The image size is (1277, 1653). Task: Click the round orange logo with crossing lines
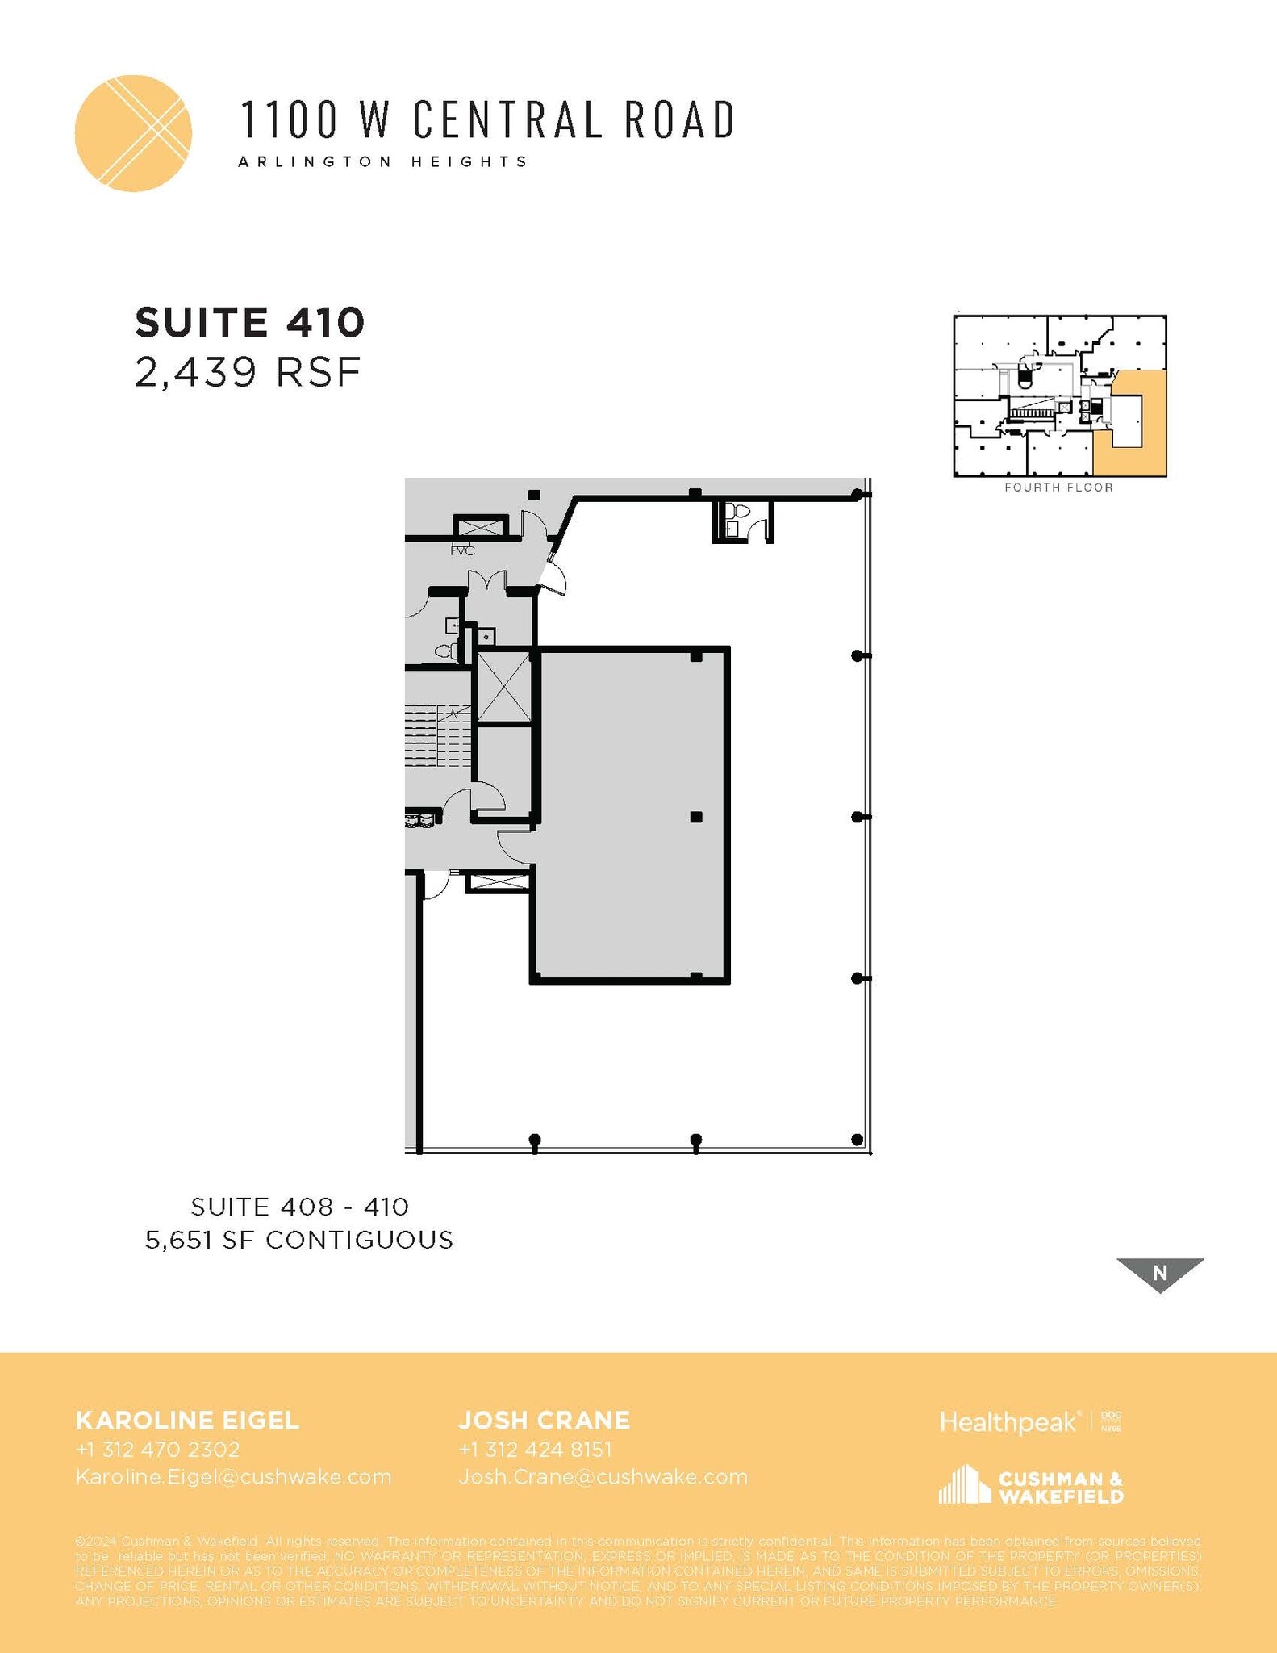pyautogui.click(x=133, y=133)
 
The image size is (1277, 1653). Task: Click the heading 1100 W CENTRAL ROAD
pyautogui.click(x=487, y=119)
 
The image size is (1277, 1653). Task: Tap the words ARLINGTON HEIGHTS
pyautogui.click(x=383, y=161)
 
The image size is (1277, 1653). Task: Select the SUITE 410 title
pyautogui.click(x=250, y=323)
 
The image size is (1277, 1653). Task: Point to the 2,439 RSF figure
pyautogui.click(x=247, y=373)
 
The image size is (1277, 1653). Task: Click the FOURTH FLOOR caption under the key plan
pyautogui.click(x=1058, y=488)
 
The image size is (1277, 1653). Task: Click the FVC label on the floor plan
pyautogui.click(x=462, y=550)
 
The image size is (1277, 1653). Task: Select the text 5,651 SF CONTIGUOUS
pyautogui.click(x=299, y=1240)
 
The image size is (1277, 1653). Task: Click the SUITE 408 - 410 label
pyautogui.click(x=300, y=1207)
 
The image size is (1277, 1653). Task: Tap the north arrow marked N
pyautogui.click(x=1159, y=1274)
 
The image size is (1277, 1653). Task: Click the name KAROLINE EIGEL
pyautogui.click(x=187, y=1421)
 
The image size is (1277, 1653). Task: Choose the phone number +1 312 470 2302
pyautogui.click(x=158, y=1450)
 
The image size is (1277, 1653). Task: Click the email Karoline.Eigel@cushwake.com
pyautogui.click(x=233, y=1477)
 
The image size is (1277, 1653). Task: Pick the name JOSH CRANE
pyautogui.click(x=545, y=1421)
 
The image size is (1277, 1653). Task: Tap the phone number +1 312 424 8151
pyautogui.click(x=535, y=1450)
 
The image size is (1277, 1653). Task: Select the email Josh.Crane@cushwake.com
pyautogui.click(x=603, y=1477)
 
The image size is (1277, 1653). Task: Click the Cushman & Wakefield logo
pyautogui.click(x=1030, y=1486)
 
